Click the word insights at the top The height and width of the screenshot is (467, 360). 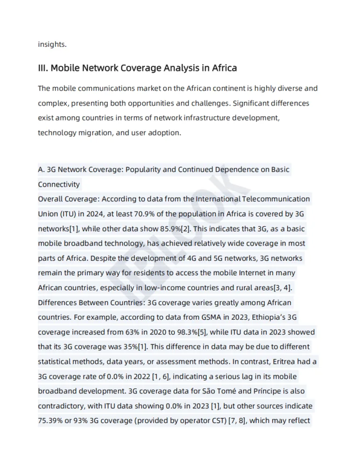click(x=52, y=45)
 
